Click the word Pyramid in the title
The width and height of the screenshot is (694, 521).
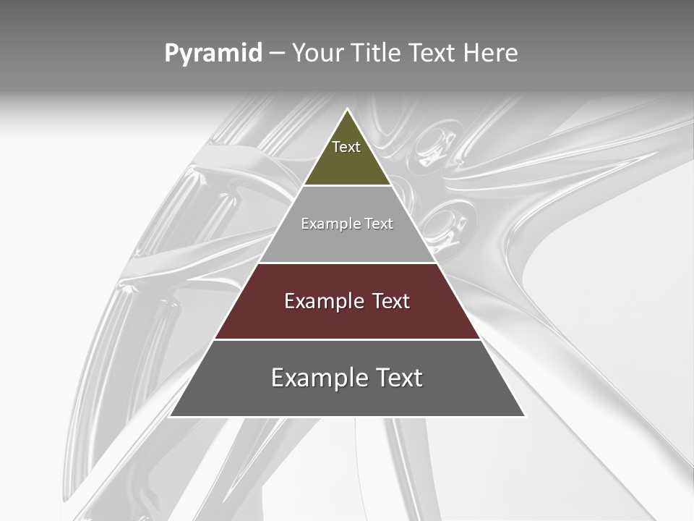click(213, 54)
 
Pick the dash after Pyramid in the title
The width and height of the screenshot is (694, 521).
click(277, 54)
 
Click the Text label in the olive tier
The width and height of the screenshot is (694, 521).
click(346, 147)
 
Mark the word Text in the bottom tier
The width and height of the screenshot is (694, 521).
click(398, 378)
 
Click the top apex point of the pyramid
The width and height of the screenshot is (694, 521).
click(347, 109)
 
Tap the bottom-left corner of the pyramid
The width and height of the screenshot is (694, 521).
click(170, 416)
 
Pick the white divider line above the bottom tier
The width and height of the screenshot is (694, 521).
click(347, 339)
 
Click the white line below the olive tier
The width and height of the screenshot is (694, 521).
click(347, 186)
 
